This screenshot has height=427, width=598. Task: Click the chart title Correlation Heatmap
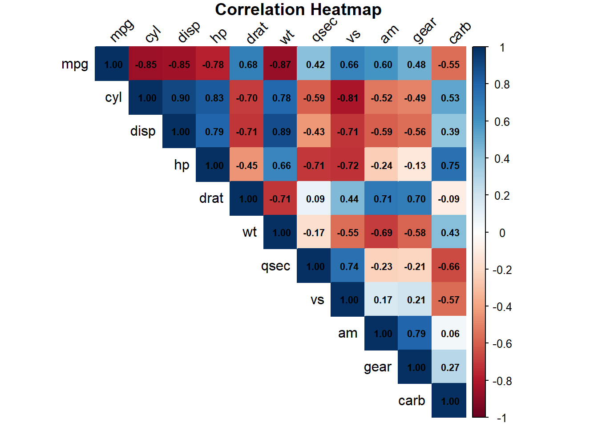pos(298,10)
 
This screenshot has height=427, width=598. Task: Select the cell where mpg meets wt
pos(280,64)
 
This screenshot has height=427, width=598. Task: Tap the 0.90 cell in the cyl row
pos(180,98)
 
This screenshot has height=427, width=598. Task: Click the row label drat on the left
pos(211,198)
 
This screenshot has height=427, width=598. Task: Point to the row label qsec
pos(275,266)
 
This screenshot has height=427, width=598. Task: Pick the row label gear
pos(377,367)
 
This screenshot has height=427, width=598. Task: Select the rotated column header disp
pos(189,32)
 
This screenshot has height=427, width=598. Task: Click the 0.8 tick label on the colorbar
pos(502,85)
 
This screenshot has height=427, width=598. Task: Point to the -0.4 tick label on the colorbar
pos(502,307)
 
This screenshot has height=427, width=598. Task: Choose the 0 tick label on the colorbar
pos(502,233)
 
